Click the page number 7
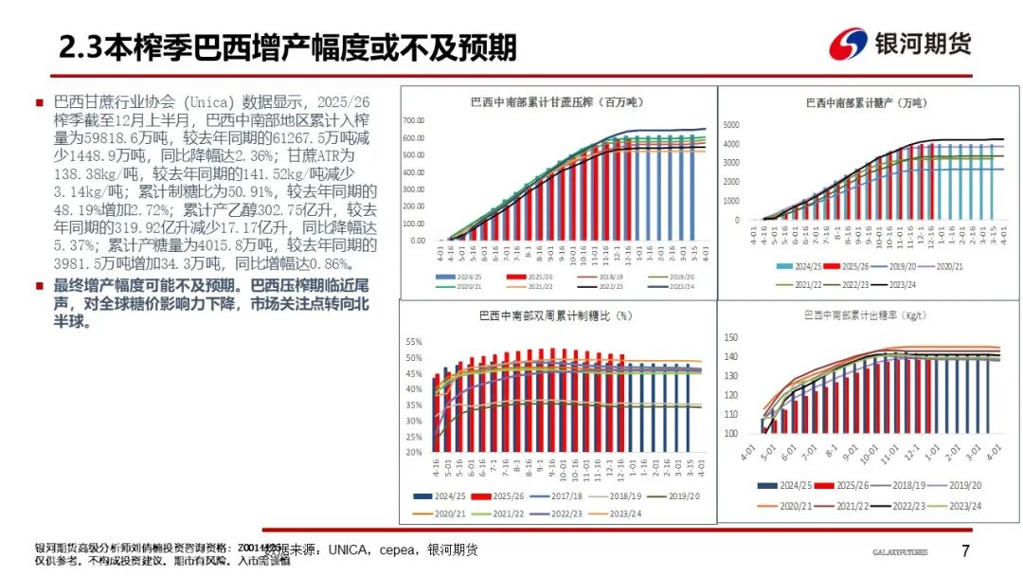[x=965, y=551]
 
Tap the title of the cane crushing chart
[x=552, y=101]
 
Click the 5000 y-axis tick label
[x=730, y=125]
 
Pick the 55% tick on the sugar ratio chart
[x=413, y=341]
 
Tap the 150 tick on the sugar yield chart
[x=730, y=337]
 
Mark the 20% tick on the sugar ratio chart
[x=413, y=453]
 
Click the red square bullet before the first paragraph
[x=40, y=102]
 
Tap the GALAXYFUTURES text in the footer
[x=899, y=552]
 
